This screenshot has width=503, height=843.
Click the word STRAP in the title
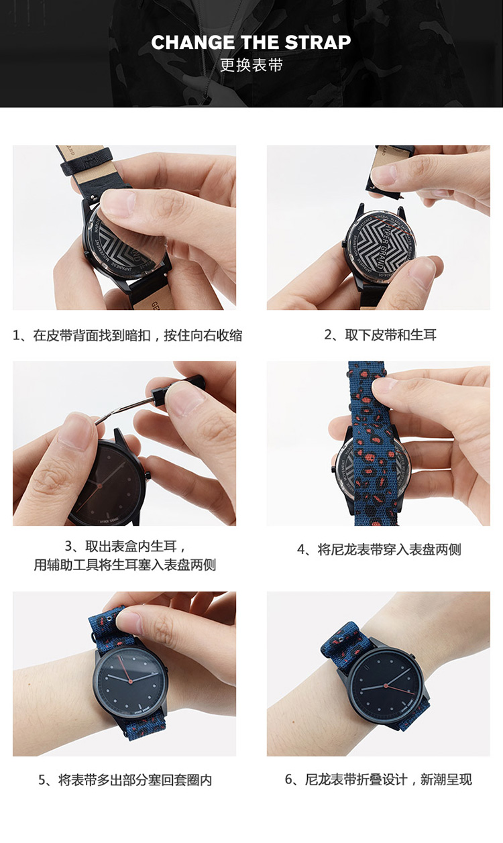(317, 42)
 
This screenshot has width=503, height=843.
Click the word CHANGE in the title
(192, 42)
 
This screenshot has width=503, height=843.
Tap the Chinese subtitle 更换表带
(251, 65)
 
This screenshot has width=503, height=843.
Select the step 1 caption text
(127, 335)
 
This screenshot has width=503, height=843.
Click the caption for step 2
(380, 335)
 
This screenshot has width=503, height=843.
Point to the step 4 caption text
(379, 550)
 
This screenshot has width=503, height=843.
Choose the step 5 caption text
(125, 780)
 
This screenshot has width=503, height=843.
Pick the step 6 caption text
(378, 779)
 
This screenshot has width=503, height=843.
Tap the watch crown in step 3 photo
(147, 475)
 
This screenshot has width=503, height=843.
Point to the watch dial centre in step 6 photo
(386, 685)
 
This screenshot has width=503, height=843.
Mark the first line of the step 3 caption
(125, 546)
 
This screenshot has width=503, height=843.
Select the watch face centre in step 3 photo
(100, 486)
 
